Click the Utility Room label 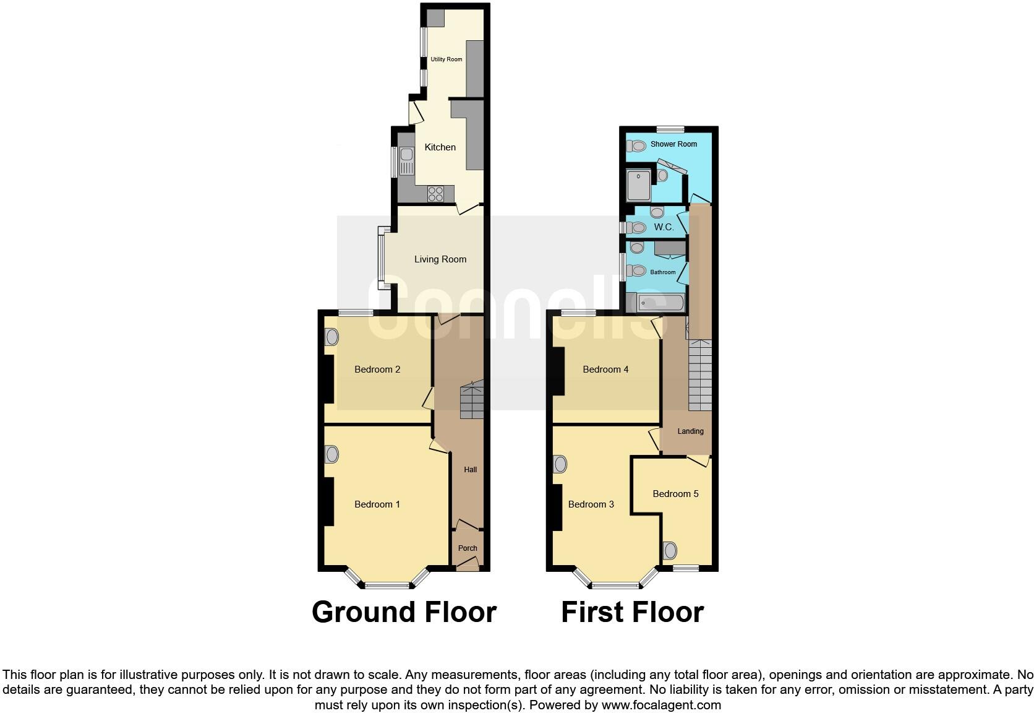coord(446,59)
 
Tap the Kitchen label coord(440,147)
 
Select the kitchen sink coord(406,161)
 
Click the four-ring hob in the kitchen coord(435,193)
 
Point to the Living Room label coord(440,259)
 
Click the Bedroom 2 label coord(377,369)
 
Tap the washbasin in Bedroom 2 coord(332,337)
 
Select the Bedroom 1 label coord(377,504)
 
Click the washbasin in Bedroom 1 coord(332,455)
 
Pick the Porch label coord(468,548)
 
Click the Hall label coord(471,470)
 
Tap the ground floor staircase coord(471,401)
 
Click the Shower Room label coord(673,144)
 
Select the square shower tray coord(639,185)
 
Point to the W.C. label coord(664,227)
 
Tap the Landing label coord(690,431)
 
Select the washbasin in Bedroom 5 coord(670,550)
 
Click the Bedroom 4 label coord(605,369)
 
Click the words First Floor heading coord(632,612)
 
